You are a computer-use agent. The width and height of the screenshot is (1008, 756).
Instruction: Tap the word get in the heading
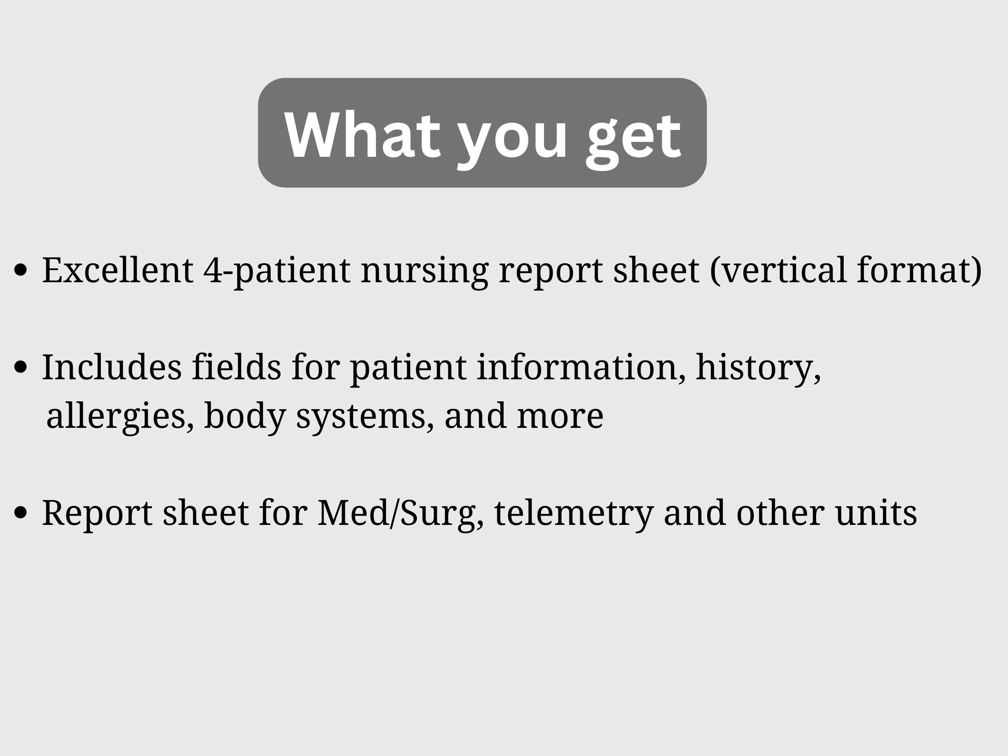click(x=634, y=137)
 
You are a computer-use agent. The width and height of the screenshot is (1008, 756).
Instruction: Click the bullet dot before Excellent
click(x=21, y=270)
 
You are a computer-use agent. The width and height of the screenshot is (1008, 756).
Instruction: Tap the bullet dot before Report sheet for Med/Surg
click(x=21, y=512)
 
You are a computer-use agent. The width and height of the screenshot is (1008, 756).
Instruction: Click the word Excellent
click(x=118, y=270)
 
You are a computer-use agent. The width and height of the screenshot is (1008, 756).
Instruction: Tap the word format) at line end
click(x=919, y=270)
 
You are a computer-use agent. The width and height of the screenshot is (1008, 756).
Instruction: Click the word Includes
click(x=112, y=367)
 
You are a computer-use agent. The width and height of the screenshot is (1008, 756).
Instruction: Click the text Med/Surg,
click(x=401, y=513)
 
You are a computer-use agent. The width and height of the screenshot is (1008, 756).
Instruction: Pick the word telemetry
click(x=574, y=513)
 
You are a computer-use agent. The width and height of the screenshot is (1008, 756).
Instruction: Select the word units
click(x=876, y=513)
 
